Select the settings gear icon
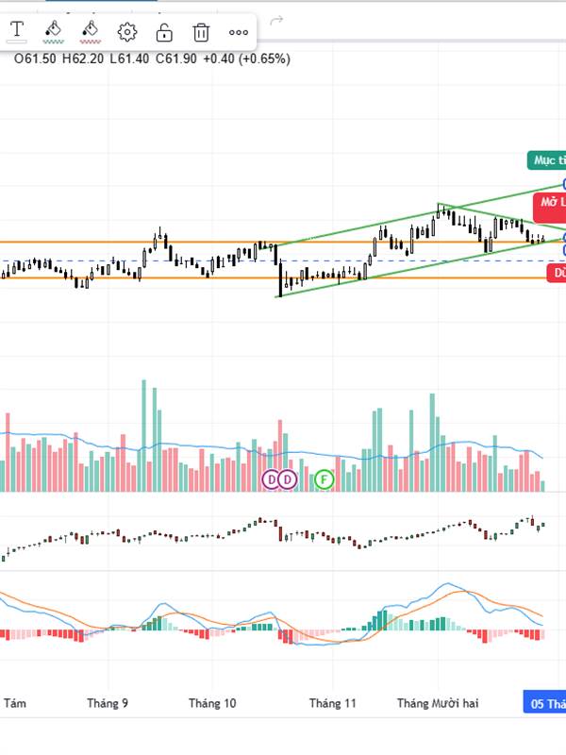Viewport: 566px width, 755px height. [x=127, y=32]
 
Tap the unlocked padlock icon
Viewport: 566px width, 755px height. [x=164, y=32]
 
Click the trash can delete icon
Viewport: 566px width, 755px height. [x=201, y=32]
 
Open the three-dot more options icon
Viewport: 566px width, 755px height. [x=239, y=32]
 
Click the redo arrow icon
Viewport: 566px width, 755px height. [x=276, y=20]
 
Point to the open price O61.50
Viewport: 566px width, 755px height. [x=35, y=59]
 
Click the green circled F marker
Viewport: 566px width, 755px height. [x=325, y=479]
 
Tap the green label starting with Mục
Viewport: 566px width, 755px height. [x=546, y=160]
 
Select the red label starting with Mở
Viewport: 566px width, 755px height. [x=550, y=202]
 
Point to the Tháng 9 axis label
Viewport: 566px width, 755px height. [x=107, y=703]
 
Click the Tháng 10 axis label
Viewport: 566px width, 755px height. [x=212, y=703]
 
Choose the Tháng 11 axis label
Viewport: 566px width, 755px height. [x=333, y=703]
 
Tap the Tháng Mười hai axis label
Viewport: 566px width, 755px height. [x=438, y=703]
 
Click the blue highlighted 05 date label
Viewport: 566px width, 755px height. [x=546, y=703]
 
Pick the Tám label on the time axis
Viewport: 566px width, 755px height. [x=14, y=703]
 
